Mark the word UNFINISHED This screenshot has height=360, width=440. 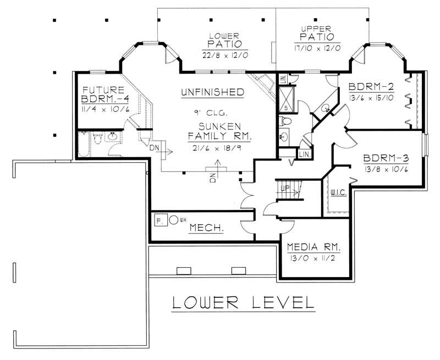[212, 92]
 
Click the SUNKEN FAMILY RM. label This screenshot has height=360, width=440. [212, 131]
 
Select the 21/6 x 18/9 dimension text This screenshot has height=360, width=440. [212, 147]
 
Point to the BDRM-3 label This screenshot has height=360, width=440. [385, 158]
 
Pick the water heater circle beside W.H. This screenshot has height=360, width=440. [173, 220]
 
